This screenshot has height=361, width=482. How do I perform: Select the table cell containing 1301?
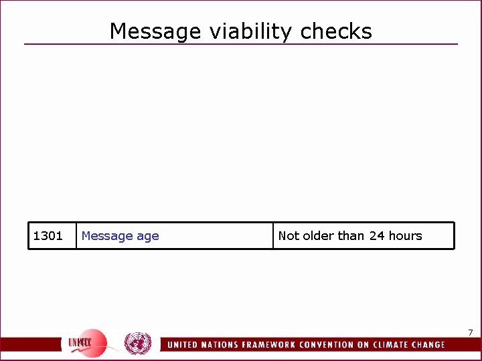(x=48, y=236)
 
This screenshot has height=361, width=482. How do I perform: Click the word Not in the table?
(x=289, y=236)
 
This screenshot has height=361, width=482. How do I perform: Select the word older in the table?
(x=319, y=236)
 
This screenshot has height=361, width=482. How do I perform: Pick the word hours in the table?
(x=405, y=236)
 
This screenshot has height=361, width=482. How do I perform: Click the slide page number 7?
(x=471, y=333)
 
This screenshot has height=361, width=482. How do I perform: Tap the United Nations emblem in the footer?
(x=138, y=344)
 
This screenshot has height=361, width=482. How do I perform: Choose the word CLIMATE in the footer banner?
(x=400, y=345)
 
